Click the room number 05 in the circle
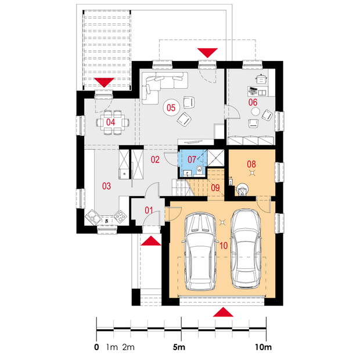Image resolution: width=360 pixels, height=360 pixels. (x=171, y=107)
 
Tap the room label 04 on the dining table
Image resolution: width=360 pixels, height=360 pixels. (x=110, y=123)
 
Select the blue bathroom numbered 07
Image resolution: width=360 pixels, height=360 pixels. (x=193, y=163)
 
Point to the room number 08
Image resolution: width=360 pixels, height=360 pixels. (x=251, y=164)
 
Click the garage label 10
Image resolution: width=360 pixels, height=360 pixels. (x=224, y=246)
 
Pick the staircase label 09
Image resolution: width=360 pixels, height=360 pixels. (x=215, y=188)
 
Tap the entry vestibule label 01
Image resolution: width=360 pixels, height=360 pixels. (x=149, y=210)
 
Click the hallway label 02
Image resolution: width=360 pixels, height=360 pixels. (x=155, y=160)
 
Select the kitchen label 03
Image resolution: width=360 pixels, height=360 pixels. (x=106, y=186)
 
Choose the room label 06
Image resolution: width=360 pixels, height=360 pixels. (x=253, y=102)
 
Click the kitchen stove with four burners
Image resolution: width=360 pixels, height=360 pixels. (x=120, y=216)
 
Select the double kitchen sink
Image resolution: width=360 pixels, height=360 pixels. (x=93, y=217)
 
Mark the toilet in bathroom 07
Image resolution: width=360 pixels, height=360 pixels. (x=199, y=170)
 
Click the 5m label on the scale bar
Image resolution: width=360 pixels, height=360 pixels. (x=179, y=347)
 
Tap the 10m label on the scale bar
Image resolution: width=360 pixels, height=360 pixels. (x=264, y=347)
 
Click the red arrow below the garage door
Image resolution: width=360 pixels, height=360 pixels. (x=223, y=312)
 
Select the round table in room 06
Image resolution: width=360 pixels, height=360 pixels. (x=255, y=112)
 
